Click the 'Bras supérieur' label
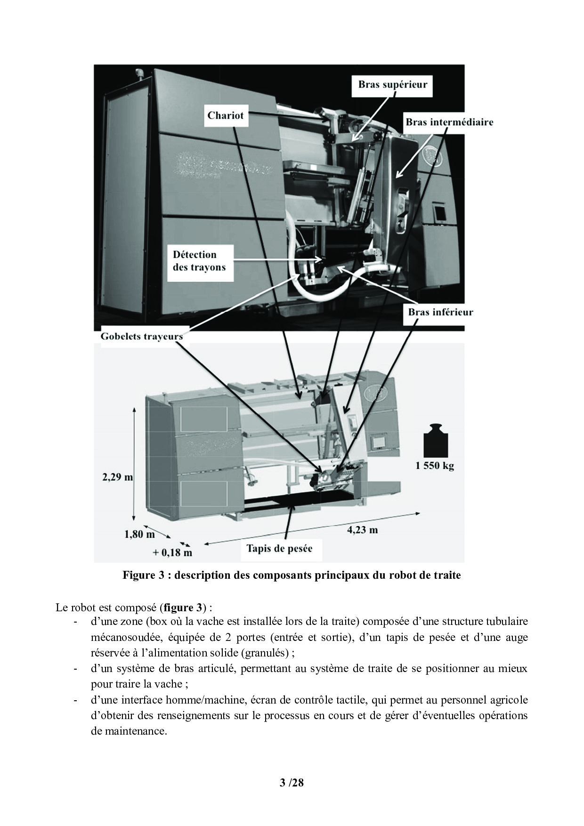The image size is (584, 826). click(x=392, y=85)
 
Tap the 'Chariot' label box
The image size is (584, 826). click(x=225, y=115)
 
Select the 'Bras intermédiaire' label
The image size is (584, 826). click(x=449, y=122)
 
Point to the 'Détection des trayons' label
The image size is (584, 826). click(x=199, y=261)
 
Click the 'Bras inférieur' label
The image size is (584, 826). click(x=440, y=312)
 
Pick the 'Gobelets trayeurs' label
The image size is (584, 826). click(x=141, y=336)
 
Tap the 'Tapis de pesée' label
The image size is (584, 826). click(x=279, y=549)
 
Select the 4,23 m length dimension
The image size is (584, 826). click(x=362, y=530)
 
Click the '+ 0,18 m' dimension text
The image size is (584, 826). click(x=172, y=552)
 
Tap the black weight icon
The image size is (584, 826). click(x=435, y=440)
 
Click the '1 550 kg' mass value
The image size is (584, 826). click(x=434, y=466)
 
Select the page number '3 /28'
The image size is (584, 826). click(x=292, y=783)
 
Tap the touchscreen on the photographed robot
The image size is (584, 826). click(x=438, y=213)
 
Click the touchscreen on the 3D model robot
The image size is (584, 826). click(x=377, y=443)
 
